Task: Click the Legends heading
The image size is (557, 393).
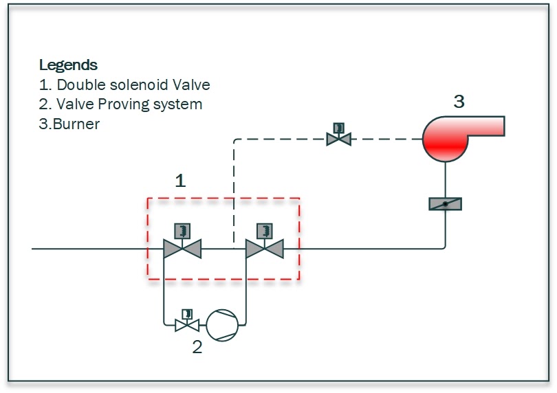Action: click(x=68, y=65)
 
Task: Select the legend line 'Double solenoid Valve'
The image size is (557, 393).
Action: click(x=124, y=85)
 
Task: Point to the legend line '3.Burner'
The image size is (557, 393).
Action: click(x=69, y=124)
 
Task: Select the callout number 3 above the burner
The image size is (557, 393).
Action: click(x=459, y=102)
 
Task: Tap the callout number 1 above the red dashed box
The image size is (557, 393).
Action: click(x=180, y=181)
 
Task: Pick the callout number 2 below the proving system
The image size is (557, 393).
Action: click(x=197, y=347)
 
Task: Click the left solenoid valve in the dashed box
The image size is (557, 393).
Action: click(x=182, y=248)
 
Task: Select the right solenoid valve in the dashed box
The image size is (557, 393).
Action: click(x=265, y=248)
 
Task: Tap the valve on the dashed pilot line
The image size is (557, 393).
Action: click(x=338, y=139)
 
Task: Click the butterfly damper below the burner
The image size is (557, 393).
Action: click(x=445, y=203)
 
